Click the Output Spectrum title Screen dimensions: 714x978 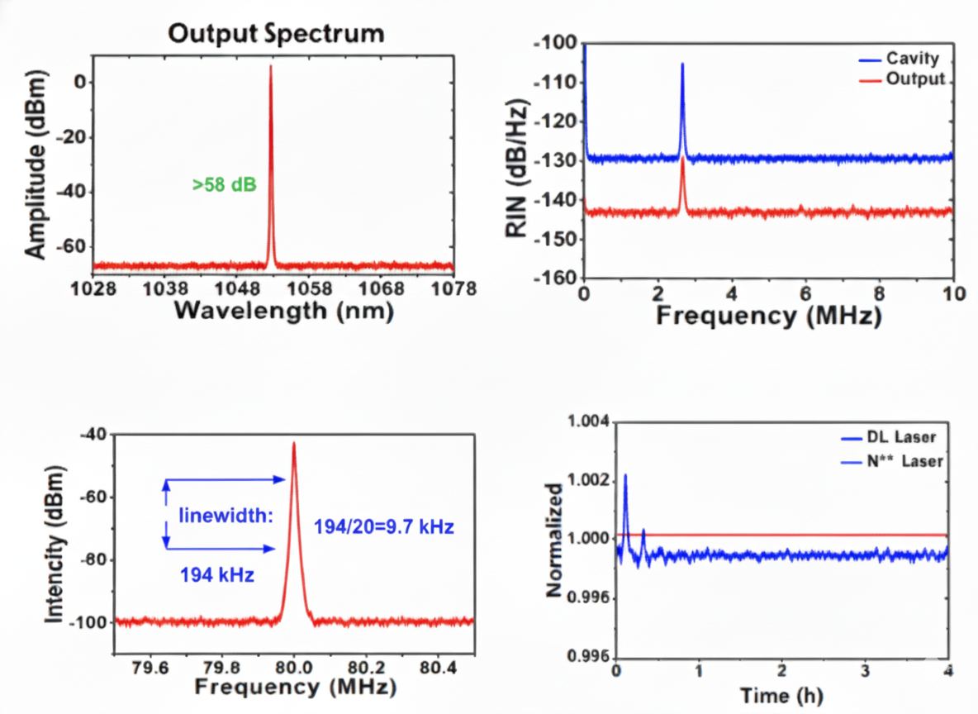pyautogui.click(x=276, y=34)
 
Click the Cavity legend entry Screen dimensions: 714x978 pyautogui.click(x=912, y=59)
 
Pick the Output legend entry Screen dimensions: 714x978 pyautogui.click(x=914, y=79)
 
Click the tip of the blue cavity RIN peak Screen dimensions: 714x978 pyautogui.click(x=682, y=64)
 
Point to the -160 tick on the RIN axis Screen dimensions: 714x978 pyautogui.click(x=558, y=278)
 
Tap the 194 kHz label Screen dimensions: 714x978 pyautogui.click(x=216, y=576)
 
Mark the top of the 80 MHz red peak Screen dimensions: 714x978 pyautogui.click(x=293, y=443)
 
